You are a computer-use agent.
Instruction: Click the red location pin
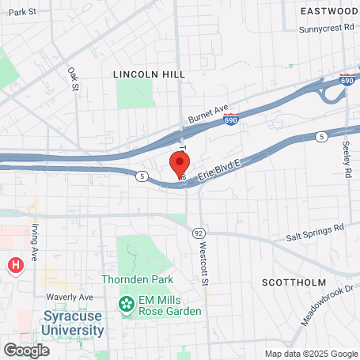click(180, 165)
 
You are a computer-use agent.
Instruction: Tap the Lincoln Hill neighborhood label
click(149, 74)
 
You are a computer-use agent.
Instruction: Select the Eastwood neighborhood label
click(329, 11)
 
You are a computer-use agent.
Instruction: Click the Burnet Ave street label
click(207, 114)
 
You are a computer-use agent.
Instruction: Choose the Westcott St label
click(203, 262)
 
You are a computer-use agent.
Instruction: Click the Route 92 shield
click(198, 233)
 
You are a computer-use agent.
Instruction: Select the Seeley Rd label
click(347, 159)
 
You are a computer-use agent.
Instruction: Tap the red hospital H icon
click(14, 265)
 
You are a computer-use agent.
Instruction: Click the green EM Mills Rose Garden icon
click(126, 304)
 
